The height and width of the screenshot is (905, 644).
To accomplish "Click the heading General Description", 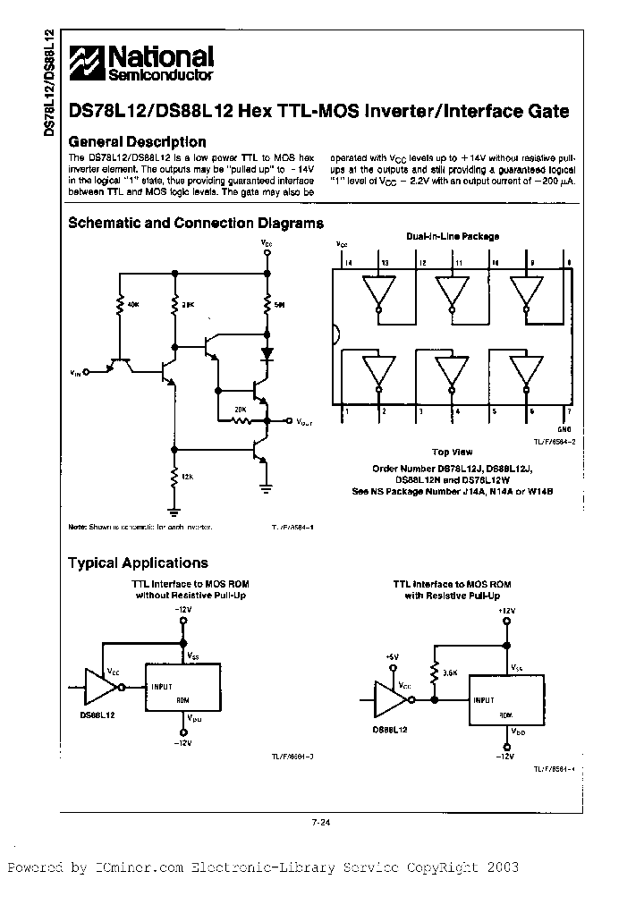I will (x=137, y=142).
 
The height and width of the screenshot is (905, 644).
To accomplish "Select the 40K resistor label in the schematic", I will (x=134, y=304).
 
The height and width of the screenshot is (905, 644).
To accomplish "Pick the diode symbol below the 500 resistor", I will (x=267, y=353).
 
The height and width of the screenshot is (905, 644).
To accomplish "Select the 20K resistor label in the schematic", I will (x=240, y=409).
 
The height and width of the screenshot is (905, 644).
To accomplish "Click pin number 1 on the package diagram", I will (x=345, y=412).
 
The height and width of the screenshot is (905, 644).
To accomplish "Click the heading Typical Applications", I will (x=138, y=563).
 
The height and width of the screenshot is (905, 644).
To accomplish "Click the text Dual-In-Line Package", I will (x=453, y=237).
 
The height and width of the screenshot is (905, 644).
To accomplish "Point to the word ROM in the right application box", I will (x=506, y=715).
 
